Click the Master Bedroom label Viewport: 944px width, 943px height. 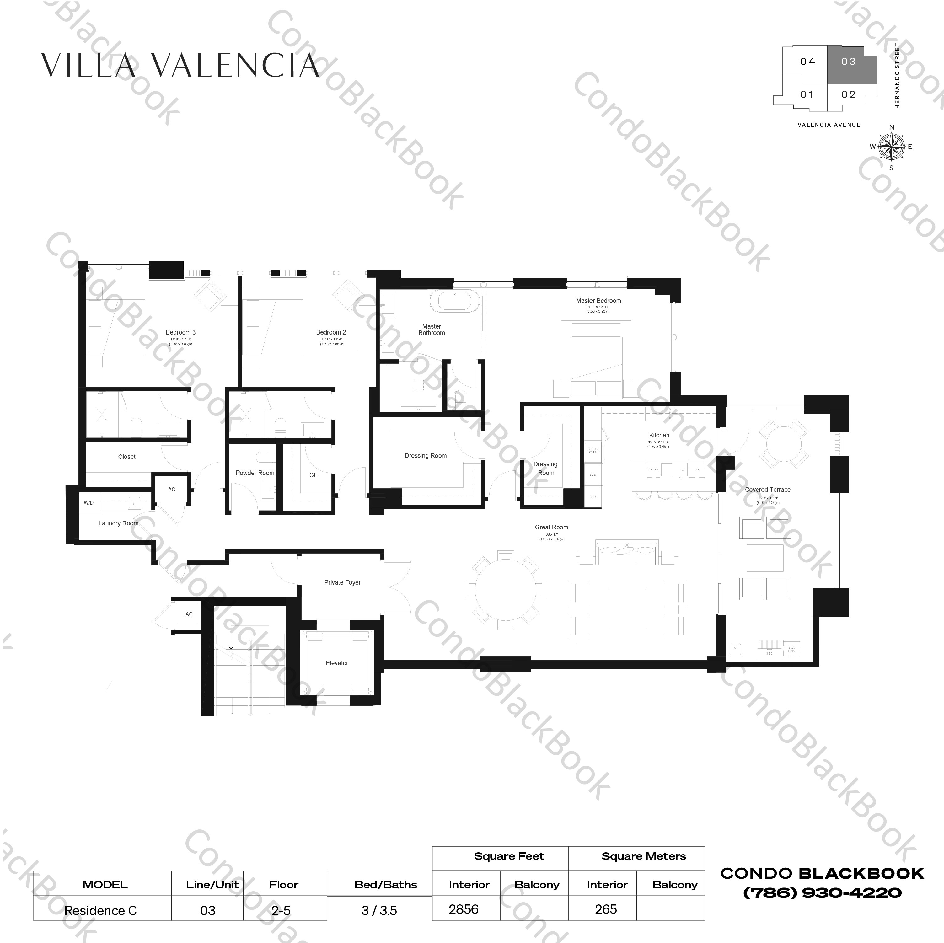[598, 301]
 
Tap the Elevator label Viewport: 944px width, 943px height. [337, 663]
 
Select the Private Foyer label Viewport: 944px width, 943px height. [342, 582]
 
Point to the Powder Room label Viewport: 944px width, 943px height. [255, 473]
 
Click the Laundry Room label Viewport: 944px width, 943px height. [118, 523]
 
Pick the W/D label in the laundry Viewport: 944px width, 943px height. [88, 503]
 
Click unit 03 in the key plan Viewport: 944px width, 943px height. [848, 62]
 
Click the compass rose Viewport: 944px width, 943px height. [891, 147]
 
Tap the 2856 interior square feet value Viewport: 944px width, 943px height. [463, 909]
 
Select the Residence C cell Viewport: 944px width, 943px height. [101, 911]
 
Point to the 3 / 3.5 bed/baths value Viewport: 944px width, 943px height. [379, 911]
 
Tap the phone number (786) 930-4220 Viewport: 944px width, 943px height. [822, 893]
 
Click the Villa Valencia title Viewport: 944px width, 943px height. [180, 66]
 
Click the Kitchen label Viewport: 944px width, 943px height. [659, 435]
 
